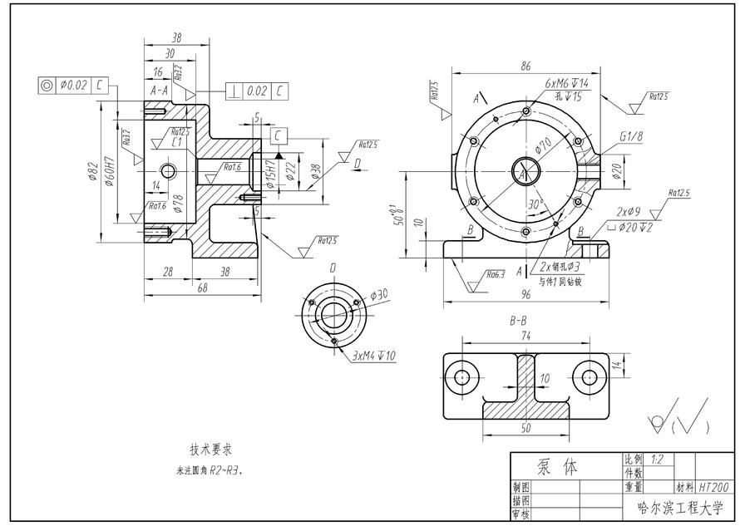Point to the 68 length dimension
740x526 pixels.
point(202,288)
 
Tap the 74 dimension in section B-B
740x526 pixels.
point(525,337)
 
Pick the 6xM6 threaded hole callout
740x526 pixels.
point(567,85)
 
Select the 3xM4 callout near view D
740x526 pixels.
point(374,356)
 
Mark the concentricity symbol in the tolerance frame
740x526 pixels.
point(46,85)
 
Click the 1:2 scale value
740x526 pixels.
point(658,459)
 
